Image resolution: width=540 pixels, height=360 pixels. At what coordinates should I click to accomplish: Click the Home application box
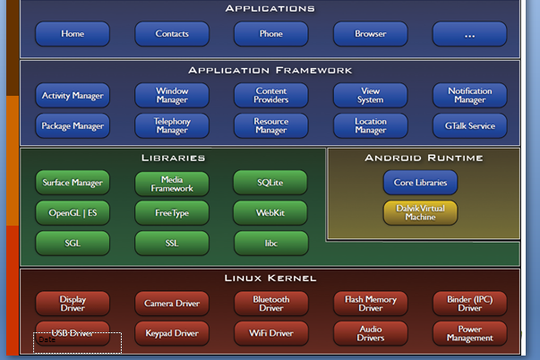click(73, 34)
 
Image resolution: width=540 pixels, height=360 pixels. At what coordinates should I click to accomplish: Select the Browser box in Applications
click(370, 34)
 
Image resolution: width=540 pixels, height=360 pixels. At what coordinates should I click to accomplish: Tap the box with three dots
click(469, 34)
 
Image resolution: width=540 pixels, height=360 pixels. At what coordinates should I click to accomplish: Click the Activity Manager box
click(73, 95)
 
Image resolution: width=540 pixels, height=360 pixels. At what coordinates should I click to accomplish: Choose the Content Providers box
click(270, 95)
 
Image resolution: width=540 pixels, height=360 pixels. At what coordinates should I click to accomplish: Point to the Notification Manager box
click(469, 95)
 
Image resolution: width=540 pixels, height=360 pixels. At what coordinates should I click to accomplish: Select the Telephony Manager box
click(172, 125)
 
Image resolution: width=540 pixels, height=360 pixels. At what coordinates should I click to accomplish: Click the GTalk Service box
click(469, 125)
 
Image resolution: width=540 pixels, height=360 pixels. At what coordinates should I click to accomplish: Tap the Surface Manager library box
click(73, 183)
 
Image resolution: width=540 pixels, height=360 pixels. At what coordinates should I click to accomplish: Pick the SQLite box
click(270, 183)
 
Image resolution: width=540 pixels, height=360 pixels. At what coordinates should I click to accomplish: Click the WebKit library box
click(270, 212)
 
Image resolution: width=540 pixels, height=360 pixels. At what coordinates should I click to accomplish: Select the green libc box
click(270, 243)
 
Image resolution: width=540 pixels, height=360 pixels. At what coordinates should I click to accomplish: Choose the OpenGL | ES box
click(73, 212)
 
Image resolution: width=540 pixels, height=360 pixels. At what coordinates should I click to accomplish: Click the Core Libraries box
click(420, 183)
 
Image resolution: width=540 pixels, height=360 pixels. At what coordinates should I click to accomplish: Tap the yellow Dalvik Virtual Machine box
click(420, 212)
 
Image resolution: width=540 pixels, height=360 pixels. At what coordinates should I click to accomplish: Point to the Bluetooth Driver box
click(270, 304)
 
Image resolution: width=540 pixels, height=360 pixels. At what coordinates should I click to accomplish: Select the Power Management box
click(469, 333)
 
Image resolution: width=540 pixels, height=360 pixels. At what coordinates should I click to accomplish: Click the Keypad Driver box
click(172, 333)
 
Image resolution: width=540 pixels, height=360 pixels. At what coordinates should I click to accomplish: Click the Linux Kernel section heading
click(270, 278)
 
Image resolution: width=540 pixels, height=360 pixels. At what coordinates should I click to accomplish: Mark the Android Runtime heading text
click(424, 158)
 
